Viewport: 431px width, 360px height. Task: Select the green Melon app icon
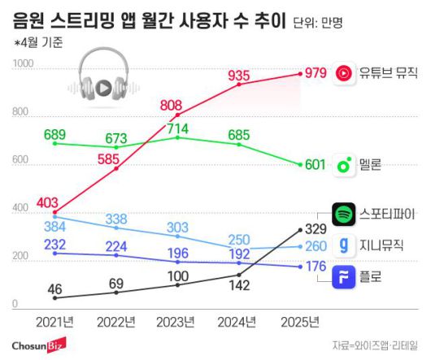point(345,166)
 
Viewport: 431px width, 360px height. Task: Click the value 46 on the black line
point(55,288)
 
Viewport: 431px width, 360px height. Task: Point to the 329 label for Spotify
point(316,227)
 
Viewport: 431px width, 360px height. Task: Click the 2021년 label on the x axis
point(55,322)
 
